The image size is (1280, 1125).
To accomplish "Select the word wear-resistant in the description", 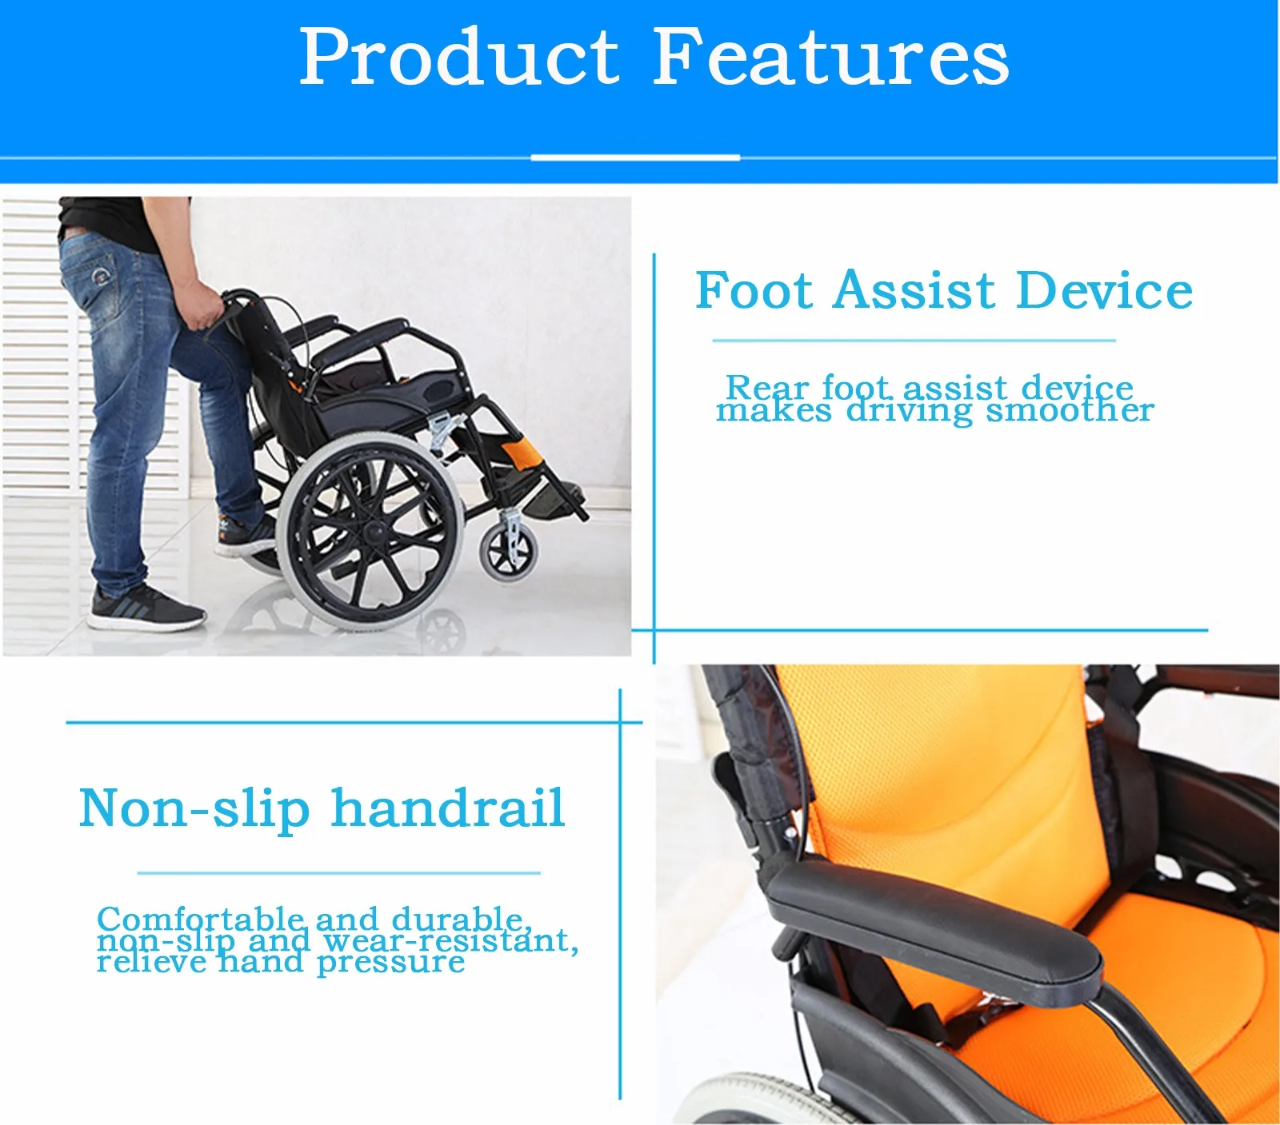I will click(x=450, y=941).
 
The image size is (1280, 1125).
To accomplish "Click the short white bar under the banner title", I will click(x=635, y=158).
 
